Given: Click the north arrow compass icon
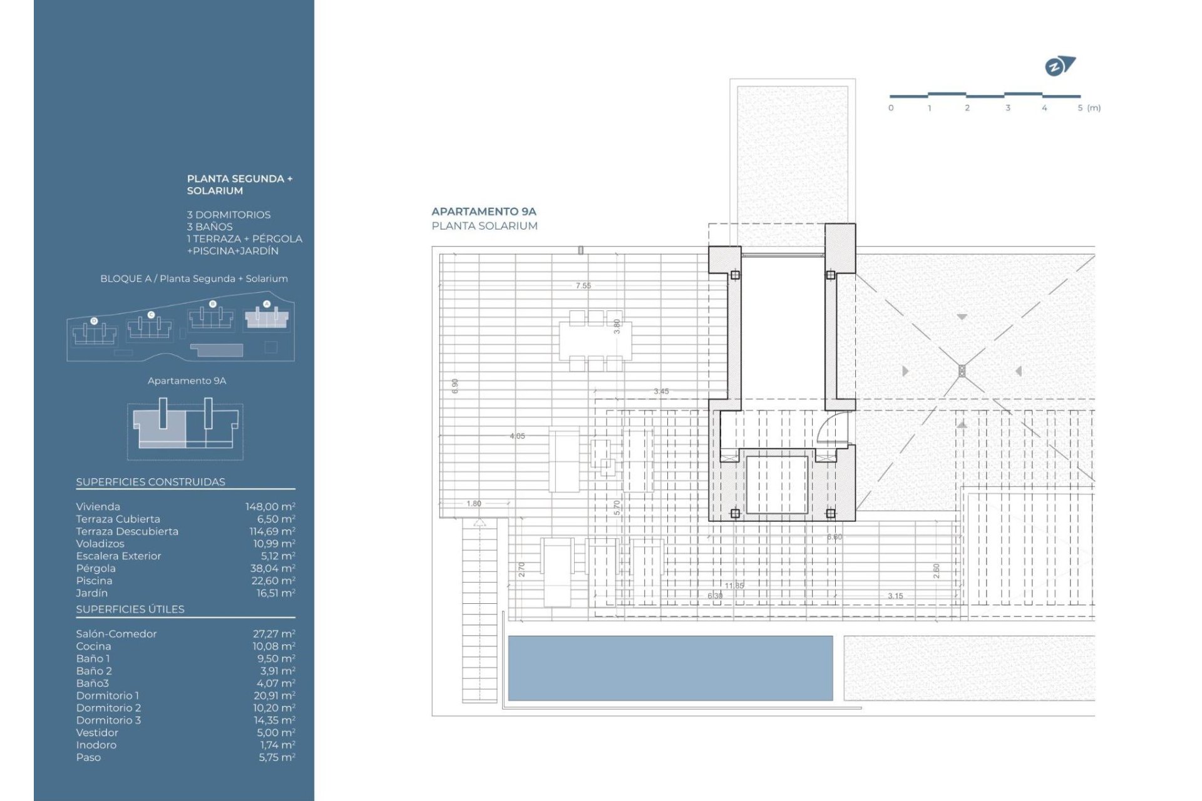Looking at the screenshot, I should coord(1060,66).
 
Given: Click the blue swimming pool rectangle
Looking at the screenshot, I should coord(670,668).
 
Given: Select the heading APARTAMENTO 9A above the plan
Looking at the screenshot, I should coord(483,212).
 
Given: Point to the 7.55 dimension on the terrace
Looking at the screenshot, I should coord(583,285).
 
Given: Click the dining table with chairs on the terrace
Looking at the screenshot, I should coord(595,340).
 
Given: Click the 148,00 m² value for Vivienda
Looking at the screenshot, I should coord(270,507).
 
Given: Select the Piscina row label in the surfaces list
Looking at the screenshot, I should coord(94,581).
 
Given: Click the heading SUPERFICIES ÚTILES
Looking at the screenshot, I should coord(130,610).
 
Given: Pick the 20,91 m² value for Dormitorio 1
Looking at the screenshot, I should coord(274,696).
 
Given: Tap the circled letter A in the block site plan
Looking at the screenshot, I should coord(267,304).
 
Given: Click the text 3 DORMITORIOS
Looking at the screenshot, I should coord(229,215).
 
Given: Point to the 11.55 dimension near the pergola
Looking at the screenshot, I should coord(734,586).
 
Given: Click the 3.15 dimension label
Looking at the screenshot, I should coord(895,596).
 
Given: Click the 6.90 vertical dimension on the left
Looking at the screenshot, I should coord(455,386).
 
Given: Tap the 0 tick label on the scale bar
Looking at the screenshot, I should coord(891,108).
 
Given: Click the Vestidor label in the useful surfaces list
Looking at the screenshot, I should coord(97,733).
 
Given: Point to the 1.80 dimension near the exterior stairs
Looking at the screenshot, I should coord(474,503).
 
